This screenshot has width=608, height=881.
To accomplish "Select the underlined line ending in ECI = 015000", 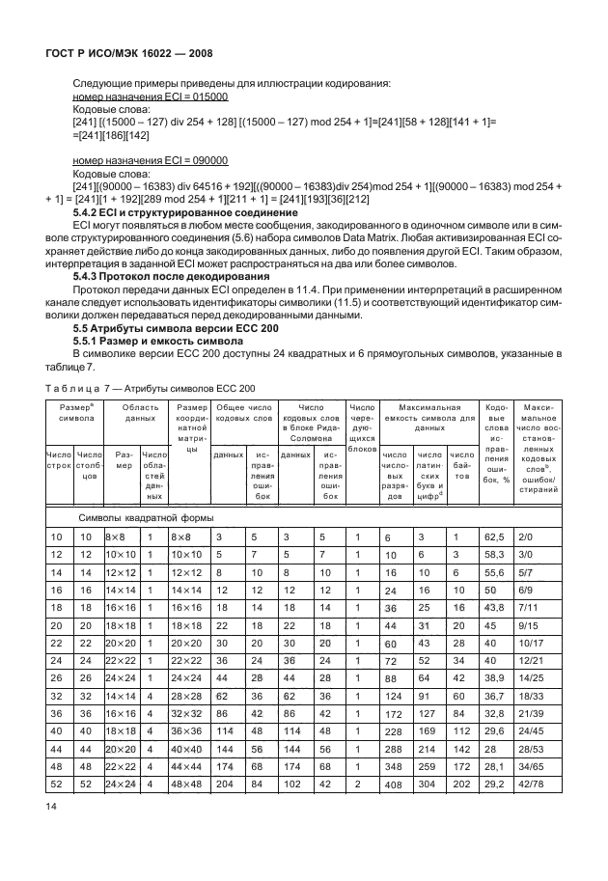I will point(151,97).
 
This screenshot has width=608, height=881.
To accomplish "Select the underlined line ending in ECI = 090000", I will point(151,160).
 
